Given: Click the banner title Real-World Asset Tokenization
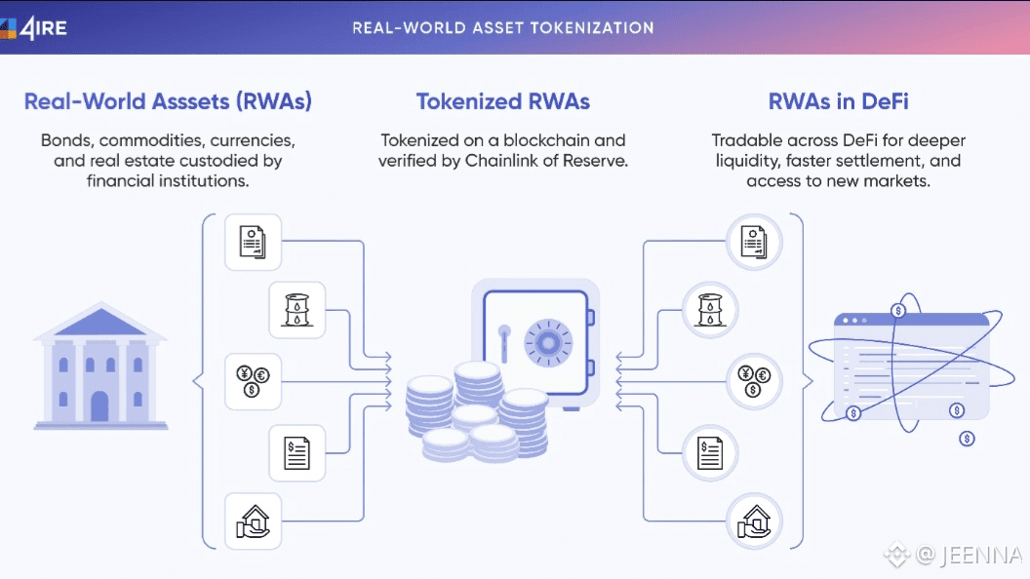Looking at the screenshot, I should point(503,26).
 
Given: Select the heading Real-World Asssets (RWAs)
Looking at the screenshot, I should point(168,101).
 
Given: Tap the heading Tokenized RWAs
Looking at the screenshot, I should point(503,101).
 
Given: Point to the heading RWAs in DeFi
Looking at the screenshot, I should point(839,101).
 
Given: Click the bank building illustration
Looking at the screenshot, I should point(101,367).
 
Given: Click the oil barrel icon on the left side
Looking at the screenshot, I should point(297,311).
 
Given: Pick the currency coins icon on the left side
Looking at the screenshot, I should point(253,381).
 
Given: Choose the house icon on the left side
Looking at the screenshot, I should point(253,521).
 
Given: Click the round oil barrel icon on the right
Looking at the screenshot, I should point(710,311).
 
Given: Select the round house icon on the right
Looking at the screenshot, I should point(754,521).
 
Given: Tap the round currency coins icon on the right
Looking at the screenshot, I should point(754,381).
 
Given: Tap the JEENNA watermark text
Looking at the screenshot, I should point(980,556).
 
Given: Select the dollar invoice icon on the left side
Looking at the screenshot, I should point(297,453).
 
